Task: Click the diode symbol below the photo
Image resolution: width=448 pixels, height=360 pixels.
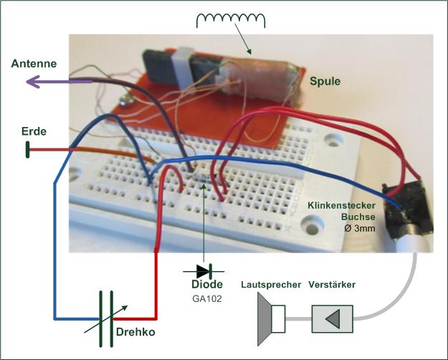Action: pyautogui.click(x=204, y=272)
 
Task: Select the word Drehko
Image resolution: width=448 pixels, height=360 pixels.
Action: pyautogui.click(x=135, y=332)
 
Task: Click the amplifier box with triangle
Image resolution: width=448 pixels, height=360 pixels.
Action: pyautogui.click(x=332, y=317)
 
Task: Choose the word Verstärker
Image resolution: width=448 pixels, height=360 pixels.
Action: pyautogui.click(x=331, y=285)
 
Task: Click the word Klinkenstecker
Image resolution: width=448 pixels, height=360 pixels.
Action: pyautogui.click(x=341, y=207)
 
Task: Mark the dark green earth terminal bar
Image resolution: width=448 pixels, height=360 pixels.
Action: pyautogui.click(x=28, y=150)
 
